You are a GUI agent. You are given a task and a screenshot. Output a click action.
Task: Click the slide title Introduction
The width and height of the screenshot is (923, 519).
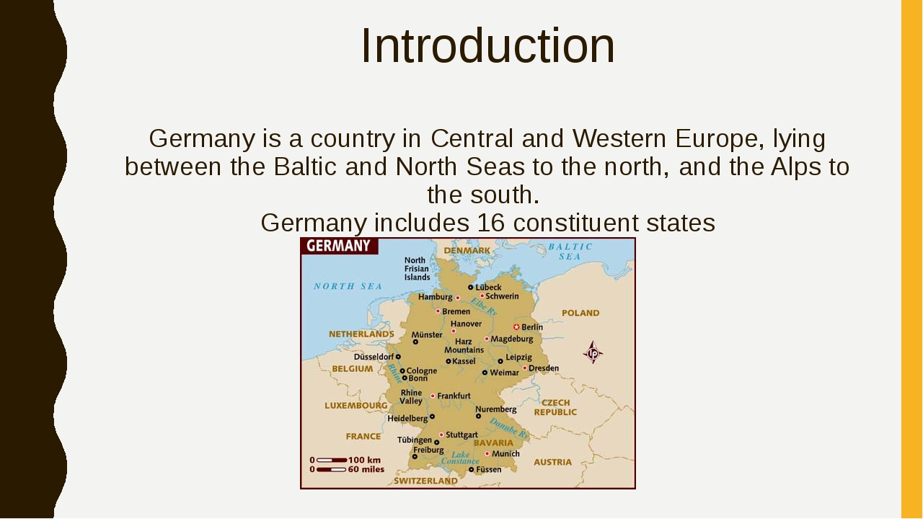click(487, 46)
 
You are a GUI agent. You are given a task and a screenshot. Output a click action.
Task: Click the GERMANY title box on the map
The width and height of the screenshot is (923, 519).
click(339, 246)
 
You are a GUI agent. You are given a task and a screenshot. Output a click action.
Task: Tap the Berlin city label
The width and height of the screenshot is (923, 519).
click(532, 327)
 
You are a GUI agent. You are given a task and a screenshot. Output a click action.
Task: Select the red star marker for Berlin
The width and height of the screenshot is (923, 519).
click(516, 327)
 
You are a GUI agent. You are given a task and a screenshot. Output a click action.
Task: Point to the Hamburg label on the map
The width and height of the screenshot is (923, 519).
click(435, 297)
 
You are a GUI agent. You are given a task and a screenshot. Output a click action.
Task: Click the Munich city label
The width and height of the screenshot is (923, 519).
click(505, 454)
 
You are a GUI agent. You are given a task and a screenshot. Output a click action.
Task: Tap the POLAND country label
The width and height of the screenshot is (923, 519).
click(580, 313)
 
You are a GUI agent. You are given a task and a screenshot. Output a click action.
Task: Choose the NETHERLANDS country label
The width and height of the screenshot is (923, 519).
click(361, 334)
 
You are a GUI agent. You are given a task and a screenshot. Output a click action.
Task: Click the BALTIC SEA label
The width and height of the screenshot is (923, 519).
click(570, 251)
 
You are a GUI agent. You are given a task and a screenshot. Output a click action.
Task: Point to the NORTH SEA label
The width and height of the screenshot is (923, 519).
click(348, 286)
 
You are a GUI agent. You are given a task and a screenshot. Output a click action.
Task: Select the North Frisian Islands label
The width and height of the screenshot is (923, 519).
click(417, 269)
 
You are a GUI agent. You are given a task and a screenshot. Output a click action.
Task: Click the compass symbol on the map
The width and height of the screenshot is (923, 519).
click(593, 352)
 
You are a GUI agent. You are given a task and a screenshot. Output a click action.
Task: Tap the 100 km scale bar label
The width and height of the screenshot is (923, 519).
click(365, 460)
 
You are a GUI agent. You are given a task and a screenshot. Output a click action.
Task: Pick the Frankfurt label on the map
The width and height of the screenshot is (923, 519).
click(454, 396)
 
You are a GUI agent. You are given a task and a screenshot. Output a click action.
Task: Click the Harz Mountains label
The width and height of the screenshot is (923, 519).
click(464, 346)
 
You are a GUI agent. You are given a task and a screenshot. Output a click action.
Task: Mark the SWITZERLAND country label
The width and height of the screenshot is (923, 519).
click(425, 481)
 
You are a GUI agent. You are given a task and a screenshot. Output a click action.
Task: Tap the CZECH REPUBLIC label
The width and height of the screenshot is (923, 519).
click(555, 407)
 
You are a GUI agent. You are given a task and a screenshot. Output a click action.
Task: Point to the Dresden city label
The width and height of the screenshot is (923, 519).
click(543, 368)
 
